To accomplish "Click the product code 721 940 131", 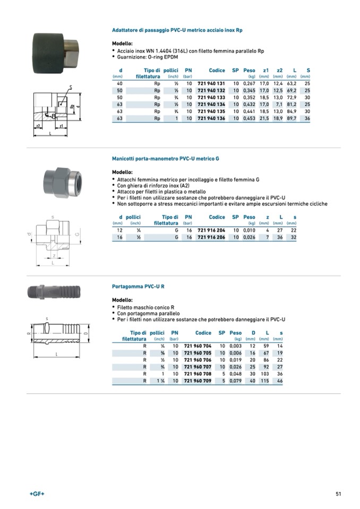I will (211, 84).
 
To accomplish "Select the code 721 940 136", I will (211, 118).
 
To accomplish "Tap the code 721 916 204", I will (211, 231).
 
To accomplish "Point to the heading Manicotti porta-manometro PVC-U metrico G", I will (165, 159).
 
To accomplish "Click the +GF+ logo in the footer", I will (37, 494).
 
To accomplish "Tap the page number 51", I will (338, 494).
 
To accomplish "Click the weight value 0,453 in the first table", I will (248, 118).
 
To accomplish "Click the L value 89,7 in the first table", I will (291, 118).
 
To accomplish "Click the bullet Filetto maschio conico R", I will (142, 307).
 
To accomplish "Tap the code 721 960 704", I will (198, 347).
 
